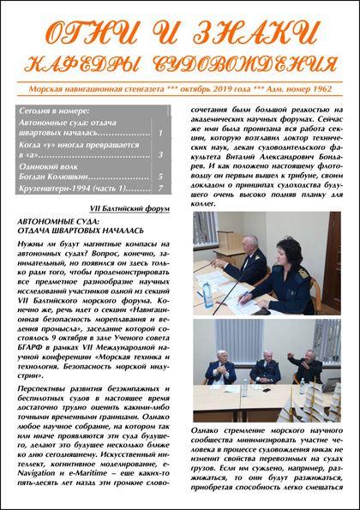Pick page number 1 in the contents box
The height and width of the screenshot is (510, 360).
161,133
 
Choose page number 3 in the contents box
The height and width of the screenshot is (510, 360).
161,154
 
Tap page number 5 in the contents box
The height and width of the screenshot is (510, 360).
161,176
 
